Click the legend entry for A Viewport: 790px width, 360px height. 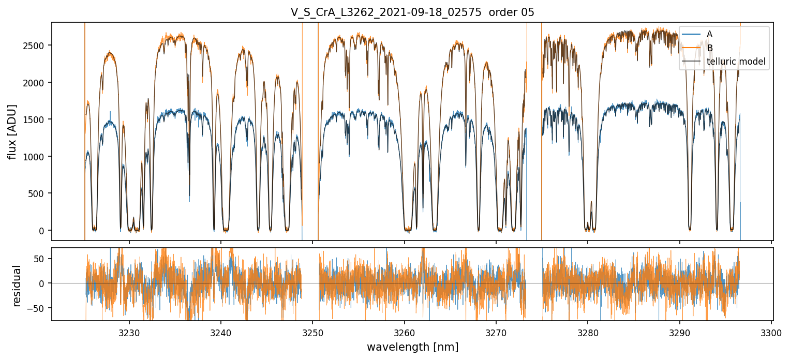710,34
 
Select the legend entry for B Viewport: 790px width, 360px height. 710,48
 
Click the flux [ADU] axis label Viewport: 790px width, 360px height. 12,131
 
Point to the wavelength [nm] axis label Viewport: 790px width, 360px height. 412,347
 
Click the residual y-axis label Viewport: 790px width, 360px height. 17,286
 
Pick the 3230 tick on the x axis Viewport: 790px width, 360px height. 129,333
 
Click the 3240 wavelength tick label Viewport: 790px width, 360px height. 221,333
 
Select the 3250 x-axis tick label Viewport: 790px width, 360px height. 312,333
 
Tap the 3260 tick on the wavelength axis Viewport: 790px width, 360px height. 405,333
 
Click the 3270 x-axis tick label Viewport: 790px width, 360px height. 496,333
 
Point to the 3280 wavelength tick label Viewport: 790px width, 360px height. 588,333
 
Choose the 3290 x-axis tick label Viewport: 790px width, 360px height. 680,333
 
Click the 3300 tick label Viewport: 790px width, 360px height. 771,333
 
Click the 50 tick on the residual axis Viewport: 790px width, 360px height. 42,258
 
